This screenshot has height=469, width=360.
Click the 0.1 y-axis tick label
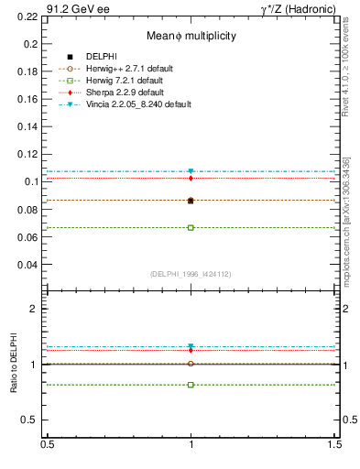[31, 181]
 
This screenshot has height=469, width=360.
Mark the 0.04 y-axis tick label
[27, 265]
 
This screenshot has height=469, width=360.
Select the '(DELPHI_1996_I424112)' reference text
[191, 274]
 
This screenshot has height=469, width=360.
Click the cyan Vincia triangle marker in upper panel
[191, 171]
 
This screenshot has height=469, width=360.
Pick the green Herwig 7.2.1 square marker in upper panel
[191, 227]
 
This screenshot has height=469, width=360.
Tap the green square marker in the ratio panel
[191, 385]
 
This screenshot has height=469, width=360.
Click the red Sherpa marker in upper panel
[191, 178]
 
